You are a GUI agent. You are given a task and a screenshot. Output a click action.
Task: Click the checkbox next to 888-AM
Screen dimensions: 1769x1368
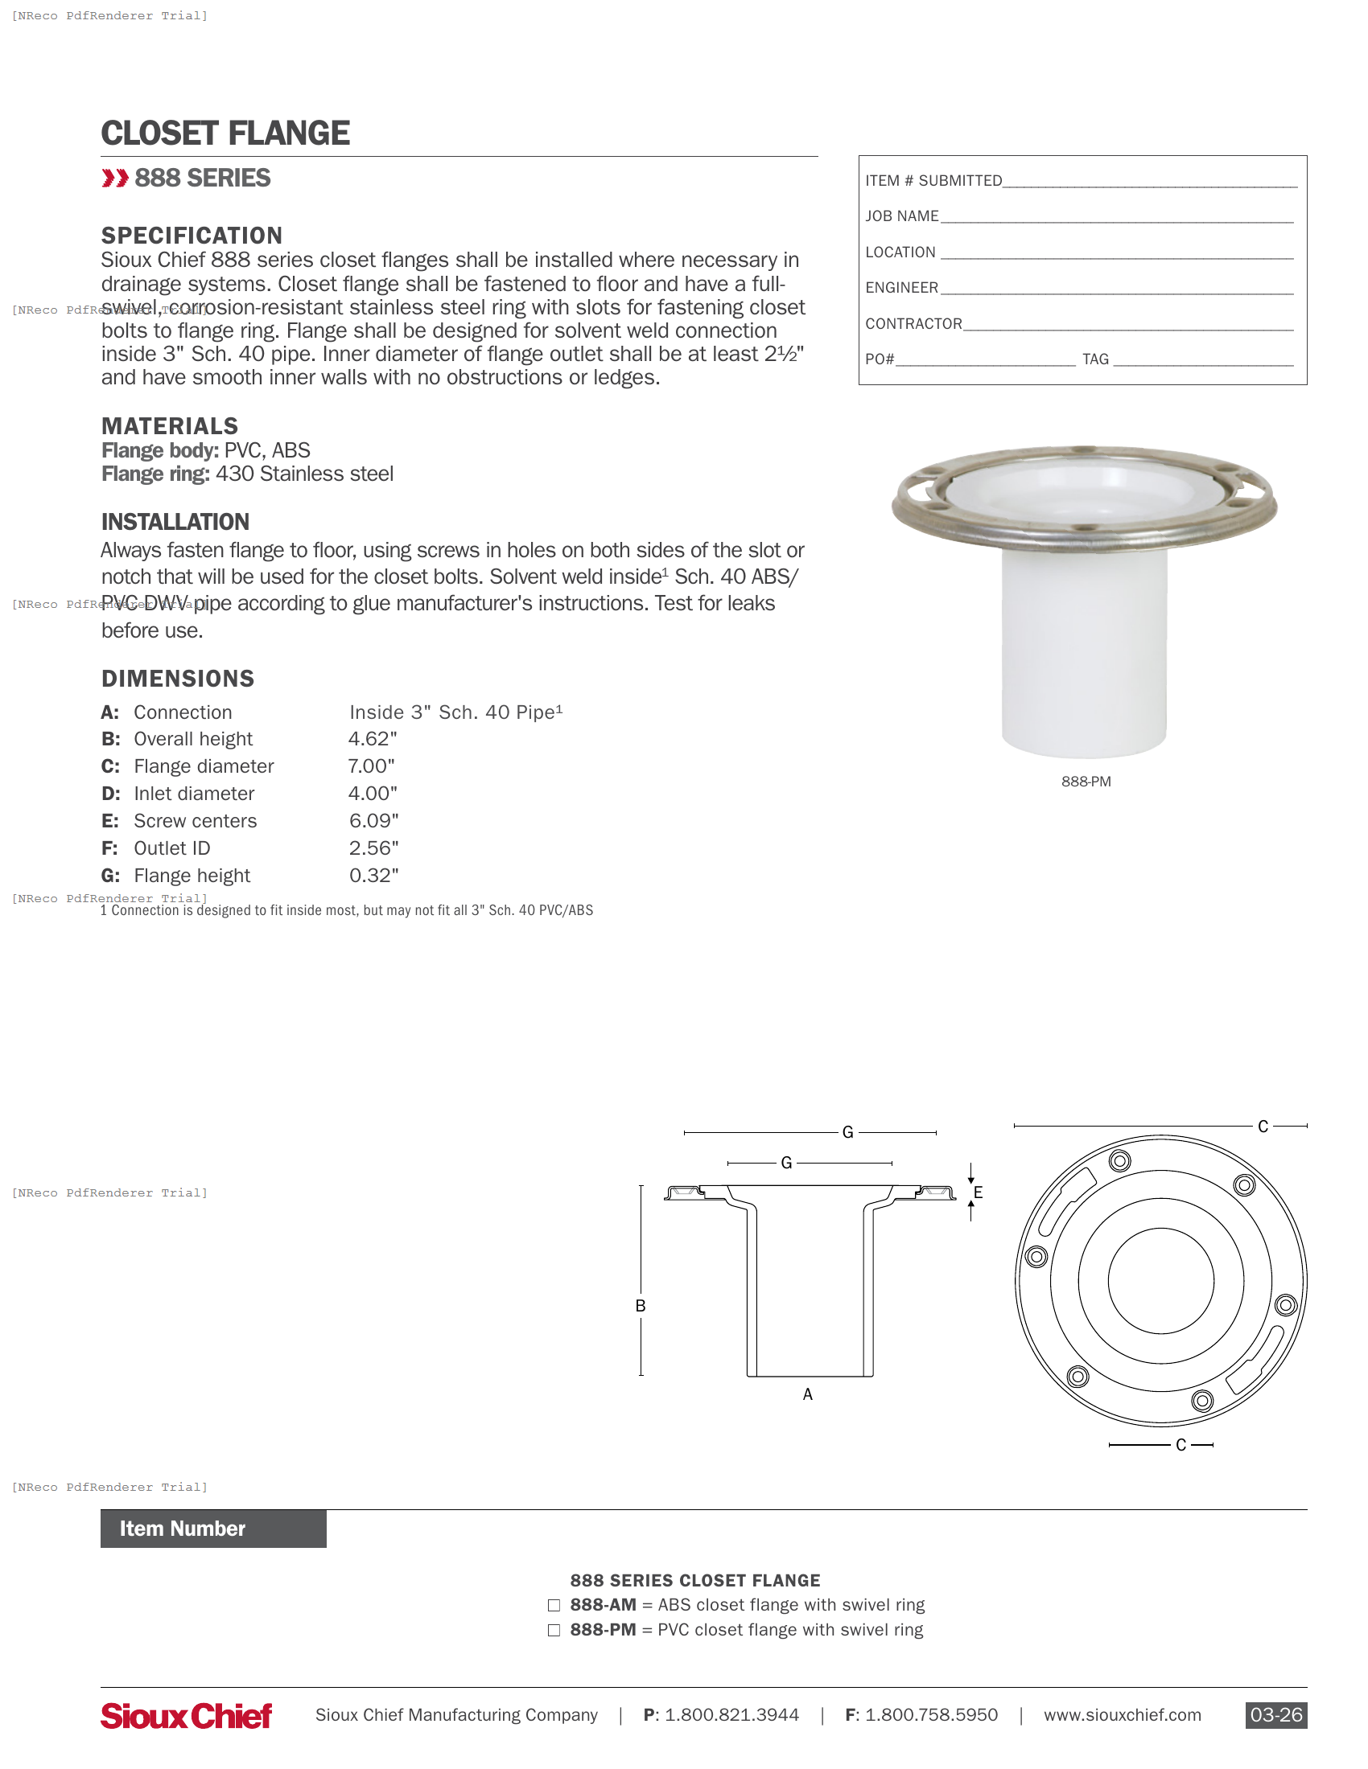click(554, 1606)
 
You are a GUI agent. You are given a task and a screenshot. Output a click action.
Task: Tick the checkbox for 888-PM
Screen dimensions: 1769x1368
click(554, 1631)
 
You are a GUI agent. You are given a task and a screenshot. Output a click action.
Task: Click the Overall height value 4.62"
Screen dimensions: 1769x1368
click(373, 739)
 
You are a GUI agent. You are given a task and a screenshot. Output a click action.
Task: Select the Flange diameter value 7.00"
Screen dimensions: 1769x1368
click(371, 766)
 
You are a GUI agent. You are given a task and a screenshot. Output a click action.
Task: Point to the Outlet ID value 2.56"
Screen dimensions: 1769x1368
click(373, 848)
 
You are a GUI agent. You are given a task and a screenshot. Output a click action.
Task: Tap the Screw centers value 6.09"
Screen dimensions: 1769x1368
click(373, 820)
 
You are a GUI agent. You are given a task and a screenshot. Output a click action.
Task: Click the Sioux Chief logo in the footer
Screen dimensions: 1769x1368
click(187, 1716)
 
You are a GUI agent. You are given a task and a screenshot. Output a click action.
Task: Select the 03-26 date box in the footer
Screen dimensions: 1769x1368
click(1275, 1715)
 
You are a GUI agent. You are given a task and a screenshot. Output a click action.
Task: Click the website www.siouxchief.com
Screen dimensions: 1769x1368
click(1123, 1715)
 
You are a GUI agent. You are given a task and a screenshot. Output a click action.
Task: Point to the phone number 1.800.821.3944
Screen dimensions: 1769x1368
click(731, 1715)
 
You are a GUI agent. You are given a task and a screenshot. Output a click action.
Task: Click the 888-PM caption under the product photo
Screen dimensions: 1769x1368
click(1086, 782)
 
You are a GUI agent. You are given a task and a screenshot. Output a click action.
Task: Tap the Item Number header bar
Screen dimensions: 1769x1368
click(213, 1529)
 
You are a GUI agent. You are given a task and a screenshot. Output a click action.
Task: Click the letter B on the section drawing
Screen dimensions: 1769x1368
click(641, 1306)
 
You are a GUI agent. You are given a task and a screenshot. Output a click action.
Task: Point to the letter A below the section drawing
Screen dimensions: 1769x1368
click(807, 1394)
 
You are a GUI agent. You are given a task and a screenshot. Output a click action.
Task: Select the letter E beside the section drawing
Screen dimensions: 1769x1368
click(979, 1192)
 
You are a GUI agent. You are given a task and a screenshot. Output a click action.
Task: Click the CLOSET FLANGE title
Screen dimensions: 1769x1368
click(225, 133)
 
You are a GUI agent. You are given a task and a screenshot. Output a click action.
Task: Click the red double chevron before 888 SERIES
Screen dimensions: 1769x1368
click(115, 179)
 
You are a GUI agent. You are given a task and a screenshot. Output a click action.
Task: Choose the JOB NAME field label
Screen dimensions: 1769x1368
click(902, 216)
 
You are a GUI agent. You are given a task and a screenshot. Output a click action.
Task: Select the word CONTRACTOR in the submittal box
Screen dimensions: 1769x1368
click(913, 324)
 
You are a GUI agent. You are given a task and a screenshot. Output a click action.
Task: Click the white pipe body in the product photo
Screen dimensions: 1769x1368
click(1085, 648)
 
